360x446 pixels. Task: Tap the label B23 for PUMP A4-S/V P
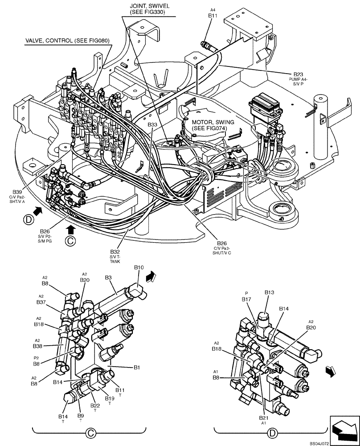point(298,74)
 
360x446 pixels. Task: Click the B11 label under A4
point(213,15)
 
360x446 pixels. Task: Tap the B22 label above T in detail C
point(95,405)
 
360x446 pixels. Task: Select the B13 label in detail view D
point(269,292)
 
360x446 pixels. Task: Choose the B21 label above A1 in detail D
point(263,418)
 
